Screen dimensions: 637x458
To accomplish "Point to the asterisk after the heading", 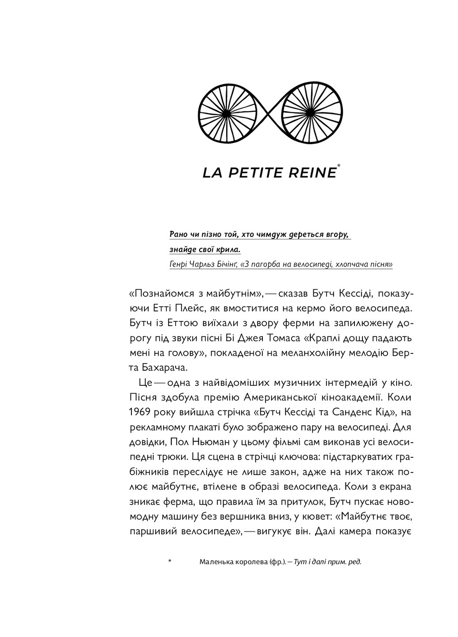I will click(x=339, y=166).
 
